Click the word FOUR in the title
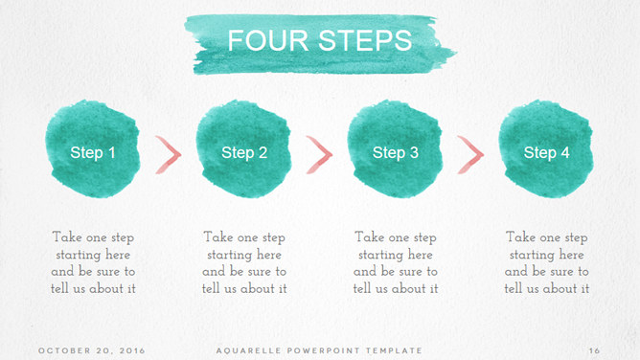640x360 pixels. tap(267, 40)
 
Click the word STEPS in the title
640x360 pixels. tap(365, 40)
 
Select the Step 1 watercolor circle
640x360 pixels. tap(93, 148)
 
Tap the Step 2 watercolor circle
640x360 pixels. tap(243, 148)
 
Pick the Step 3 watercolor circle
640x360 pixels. tap(395, 148)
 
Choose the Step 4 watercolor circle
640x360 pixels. tap(546, 148)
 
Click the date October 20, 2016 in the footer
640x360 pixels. tap(92, 350)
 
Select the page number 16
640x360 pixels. tap(594, 350)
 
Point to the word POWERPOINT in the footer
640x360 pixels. tap(324, 350)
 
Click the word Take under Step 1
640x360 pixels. tap(67, 236)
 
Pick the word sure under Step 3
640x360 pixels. tap(410, 272)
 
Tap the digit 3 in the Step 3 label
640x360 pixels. tap(414, 152)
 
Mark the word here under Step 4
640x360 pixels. tap(571, 255)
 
